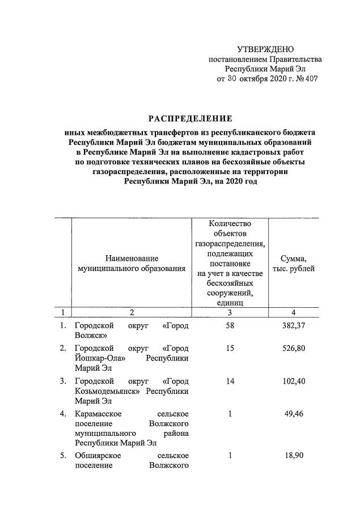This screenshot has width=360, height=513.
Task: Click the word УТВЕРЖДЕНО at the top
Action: click(x=265, y=49)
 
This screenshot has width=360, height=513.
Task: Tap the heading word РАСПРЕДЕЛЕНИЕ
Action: click(x=190, y=118)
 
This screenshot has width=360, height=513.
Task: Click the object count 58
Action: click(x=230, y=326)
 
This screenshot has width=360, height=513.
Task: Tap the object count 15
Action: click(x=230, y=348)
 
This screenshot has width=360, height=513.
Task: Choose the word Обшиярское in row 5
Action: click(x=97, y=456)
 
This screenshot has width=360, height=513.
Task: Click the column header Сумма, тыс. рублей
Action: click(x=294, y=264)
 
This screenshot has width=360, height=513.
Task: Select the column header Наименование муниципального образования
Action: click(x=132, y=264)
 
